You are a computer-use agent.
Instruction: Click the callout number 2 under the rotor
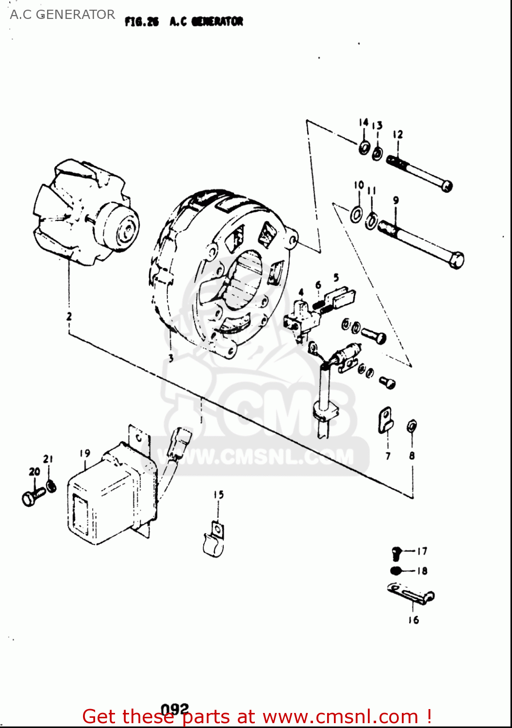[69, 316]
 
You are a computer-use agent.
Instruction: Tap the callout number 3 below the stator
[170, 358]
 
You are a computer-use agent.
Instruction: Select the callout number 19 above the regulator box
[85, 453]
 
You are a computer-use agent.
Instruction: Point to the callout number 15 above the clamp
[218, 495]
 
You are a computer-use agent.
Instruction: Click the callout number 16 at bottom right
[413, 620]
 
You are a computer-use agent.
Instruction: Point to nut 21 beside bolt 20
[50, 485]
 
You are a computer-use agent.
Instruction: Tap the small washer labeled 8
[412, 426]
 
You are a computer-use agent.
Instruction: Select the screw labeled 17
[396, 552]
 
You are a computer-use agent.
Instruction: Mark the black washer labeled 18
[396, 571]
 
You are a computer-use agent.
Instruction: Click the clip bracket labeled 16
[411, 594]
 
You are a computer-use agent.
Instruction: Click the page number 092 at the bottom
[174, 710]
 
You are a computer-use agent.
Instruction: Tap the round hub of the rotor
[119, 227]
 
